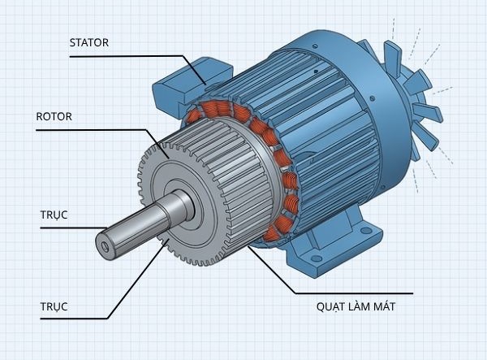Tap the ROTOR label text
tap(54, 116)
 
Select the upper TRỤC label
tap(54, 215)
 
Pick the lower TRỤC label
tap(54, 306)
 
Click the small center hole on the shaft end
tap(104, 242)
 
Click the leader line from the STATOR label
tap(146, 55)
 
